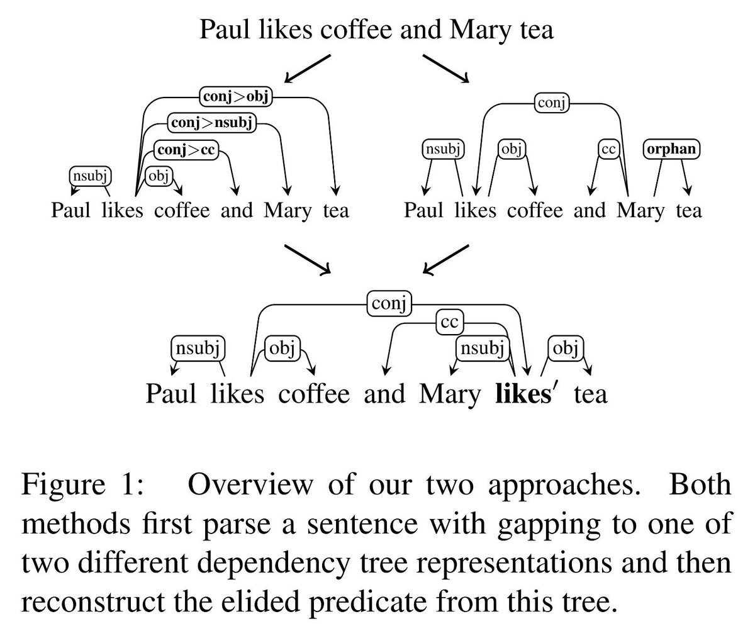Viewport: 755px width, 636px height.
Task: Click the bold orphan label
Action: (x=672, y=150)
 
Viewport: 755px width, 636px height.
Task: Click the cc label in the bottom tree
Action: (x=449, y=323)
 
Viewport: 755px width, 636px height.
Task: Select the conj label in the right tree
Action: (x=551, y=102)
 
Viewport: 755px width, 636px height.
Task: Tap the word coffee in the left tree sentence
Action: (x=181, y=209)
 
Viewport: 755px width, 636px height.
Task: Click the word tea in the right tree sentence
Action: (x=688, y=209)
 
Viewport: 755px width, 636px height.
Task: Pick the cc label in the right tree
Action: (x=608, y=150)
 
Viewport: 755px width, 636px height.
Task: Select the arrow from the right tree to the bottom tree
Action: (x=445, y=259)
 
